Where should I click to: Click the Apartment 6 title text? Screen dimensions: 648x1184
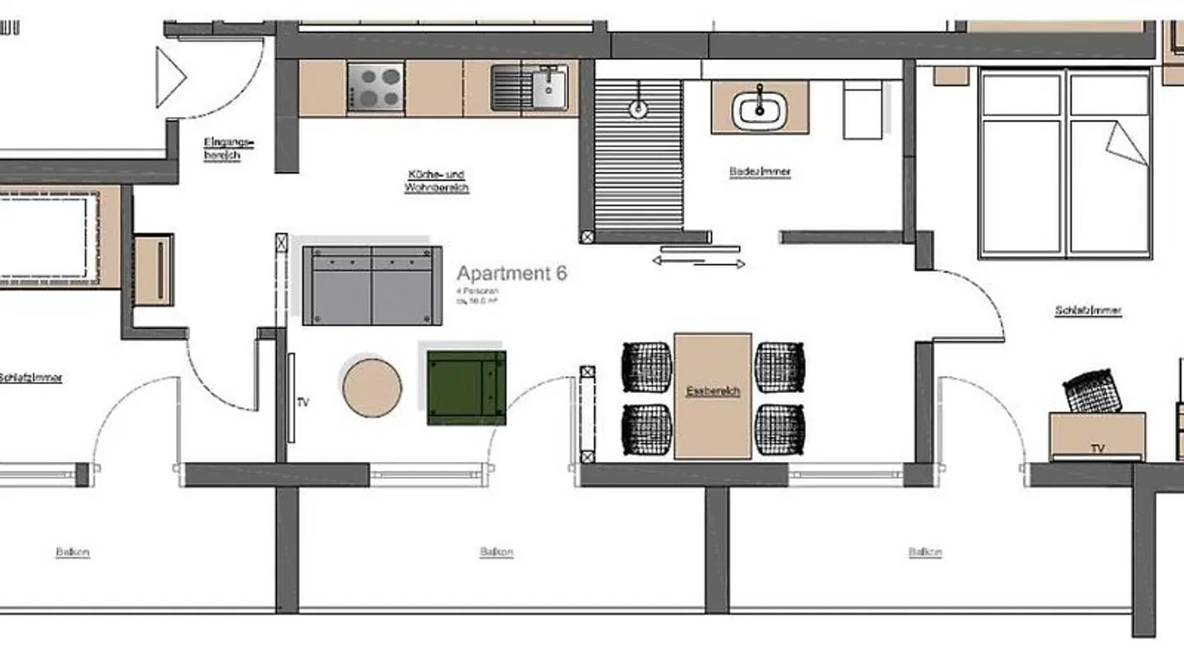click(x=511, y=274)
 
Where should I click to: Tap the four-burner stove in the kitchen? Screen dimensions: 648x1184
click(x=375, y=87)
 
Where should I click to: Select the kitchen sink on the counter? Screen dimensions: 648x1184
click(x=530, y=87)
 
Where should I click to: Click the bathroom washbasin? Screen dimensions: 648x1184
click(x=760, y=109)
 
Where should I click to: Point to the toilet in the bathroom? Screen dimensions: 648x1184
click(x=863, y=111)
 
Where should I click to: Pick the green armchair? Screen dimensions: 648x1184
click(x=466, y=387)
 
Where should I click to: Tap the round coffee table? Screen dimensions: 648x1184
click(x=372, y=386)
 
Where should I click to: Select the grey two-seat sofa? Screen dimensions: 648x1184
click(x=372, y=285)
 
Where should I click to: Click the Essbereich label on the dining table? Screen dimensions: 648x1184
click(x=713, y=391)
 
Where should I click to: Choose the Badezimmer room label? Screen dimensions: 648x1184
click(x=760, y=172)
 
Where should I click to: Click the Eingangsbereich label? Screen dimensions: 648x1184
click(x=229, y=149)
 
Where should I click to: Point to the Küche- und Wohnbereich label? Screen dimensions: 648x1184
click(x=436, y=181)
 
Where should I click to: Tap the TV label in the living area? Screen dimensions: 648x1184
click(x=303, y=402)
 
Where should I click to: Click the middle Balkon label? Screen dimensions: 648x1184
click(x=497, y=553)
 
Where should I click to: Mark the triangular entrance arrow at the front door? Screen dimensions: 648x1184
click(x=170, y=77)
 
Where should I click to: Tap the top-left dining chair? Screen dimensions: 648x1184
click(x=646, y=365)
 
